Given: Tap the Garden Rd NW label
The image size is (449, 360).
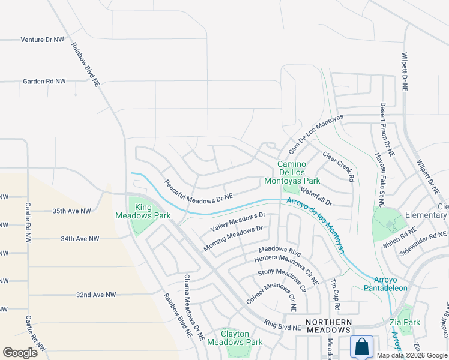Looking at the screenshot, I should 44,81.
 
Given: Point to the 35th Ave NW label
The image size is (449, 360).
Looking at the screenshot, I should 71,211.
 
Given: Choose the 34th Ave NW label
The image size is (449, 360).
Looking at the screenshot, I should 80,239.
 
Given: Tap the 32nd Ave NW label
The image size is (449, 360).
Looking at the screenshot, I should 95,295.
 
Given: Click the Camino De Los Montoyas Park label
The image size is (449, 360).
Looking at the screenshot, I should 299,172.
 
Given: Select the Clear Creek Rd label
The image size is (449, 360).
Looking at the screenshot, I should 338,166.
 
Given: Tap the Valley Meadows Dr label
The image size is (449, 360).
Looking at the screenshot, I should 238,222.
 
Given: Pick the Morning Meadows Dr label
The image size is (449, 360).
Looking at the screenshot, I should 234,238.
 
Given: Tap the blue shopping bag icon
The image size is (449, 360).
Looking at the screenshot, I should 362,347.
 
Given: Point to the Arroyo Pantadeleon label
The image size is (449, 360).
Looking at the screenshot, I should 391,284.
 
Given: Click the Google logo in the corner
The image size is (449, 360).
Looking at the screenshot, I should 20,352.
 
